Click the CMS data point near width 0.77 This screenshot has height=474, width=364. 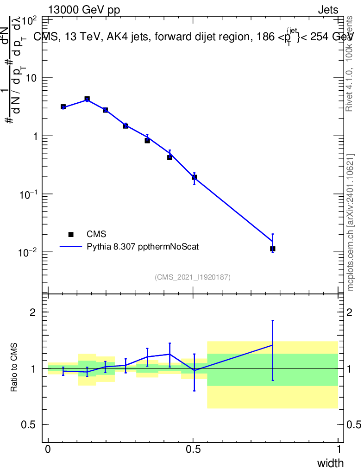(273, 249)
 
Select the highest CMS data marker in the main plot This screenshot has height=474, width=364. (87, 99)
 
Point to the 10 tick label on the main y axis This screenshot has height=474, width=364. (31, 78)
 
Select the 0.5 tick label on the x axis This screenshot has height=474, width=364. (193, 449)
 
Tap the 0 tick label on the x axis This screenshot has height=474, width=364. (48, 449)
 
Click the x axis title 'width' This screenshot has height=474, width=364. (330, 463)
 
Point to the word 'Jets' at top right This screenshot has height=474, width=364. (327, 11)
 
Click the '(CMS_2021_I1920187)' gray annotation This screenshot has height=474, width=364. (193, 277)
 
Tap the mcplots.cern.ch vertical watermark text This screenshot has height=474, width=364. (351, 222)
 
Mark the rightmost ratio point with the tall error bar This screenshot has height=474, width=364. (273, 345)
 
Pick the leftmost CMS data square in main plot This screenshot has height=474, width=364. (63, 107)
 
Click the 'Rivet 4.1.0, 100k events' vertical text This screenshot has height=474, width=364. (350, 64)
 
